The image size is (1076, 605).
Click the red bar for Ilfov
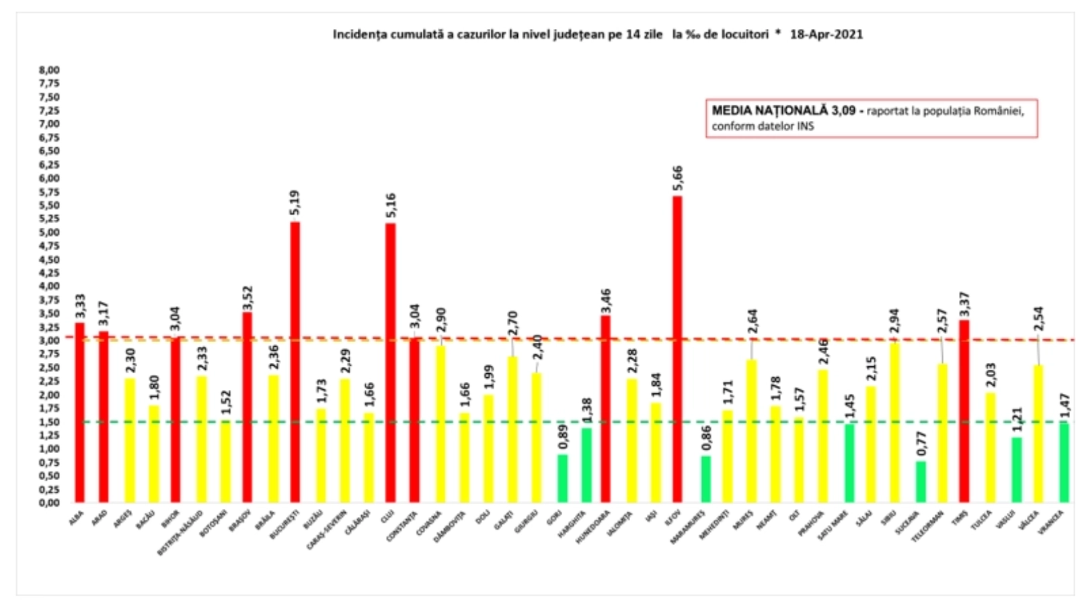click(677, 350)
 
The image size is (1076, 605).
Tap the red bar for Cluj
click(390, 363)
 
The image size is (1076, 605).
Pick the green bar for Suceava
click(921, 481)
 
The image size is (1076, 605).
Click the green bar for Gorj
click(562, 478)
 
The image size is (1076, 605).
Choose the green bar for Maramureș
click(705, 479)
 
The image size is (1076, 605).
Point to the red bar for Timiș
click(964, 411)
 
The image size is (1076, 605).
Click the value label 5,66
click(677, 178)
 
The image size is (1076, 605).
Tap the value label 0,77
click(921, 444)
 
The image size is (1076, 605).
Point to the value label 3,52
click(247, 298)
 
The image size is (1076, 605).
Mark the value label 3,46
click(606, 300)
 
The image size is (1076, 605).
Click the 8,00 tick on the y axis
click(49, 70)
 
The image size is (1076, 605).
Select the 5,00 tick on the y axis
click(49, 233)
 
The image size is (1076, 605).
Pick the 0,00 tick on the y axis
click(49, 503)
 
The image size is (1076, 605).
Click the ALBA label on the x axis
click(76, 518)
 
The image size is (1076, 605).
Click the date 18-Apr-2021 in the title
click(826, 34)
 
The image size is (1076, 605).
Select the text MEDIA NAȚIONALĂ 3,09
click(783, 111)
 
